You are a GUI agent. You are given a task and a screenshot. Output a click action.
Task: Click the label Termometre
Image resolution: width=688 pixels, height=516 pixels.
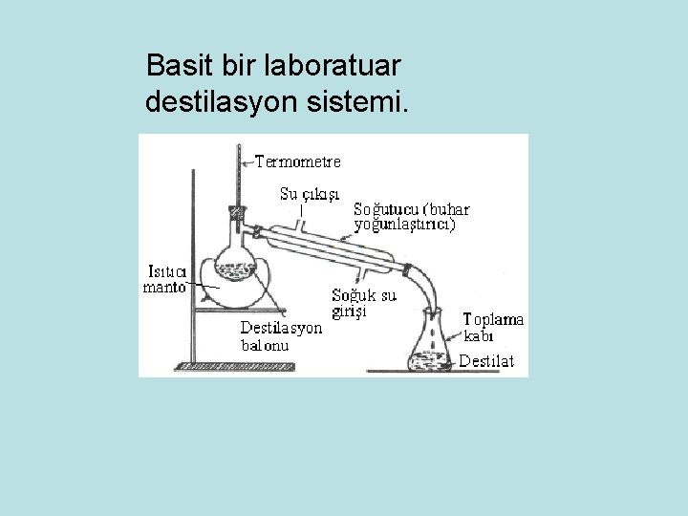coord(297,161)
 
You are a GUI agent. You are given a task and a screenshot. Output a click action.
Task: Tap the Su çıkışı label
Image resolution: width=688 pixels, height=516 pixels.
coord(311,194)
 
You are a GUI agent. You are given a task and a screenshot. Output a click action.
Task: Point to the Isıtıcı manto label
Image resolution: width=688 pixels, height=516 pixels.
coord(164,278)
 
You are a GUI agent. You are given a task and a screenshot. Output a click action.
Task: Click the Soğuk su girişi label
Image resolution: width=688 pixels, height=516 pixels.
coord(363,303)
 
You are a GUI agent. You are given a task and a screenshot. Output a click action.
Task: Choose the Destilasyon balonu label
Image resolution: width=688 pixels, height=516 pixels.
coord(281,336)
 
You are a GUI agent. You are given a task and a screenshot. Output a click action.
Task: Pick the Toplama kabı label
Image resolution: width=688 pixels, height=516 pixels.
coord(493,327)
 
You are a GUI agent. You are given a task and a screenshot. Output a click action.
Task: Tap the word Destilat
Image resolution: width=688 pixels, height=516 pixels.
coord(486,361)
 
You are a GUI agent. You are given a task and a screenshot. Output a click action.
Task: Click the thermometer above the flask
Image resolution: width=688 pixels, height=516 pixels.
coord(237,177)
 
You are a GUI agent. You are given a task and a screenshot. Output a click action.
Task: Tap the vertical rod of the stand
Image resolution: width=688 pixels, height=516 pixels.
coord(194,268)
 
